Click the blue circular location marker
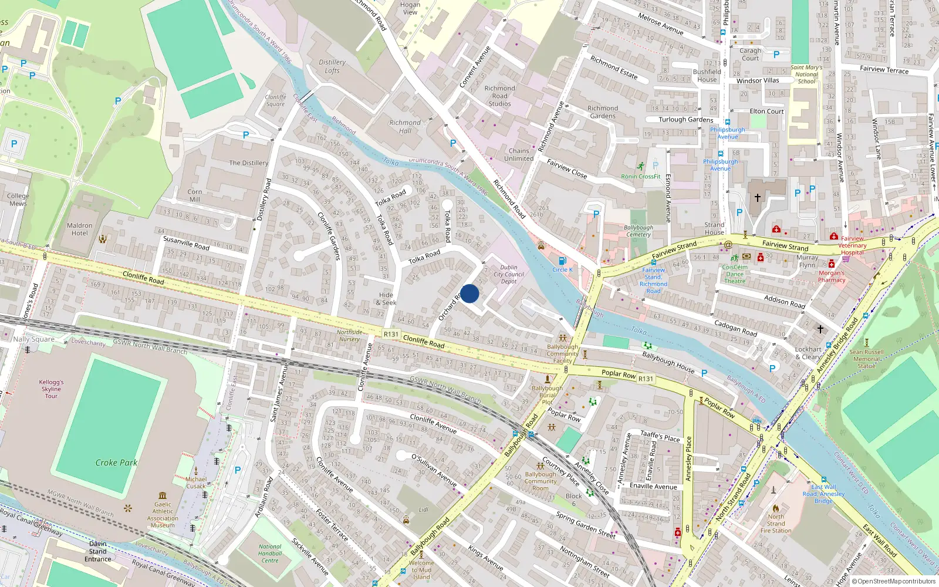point(469,293)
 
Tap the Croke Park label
point(116,463)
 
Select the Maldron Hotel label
point(80,230)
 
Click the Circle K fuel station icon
point(562,261)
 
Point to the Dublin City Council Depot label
point(509,274)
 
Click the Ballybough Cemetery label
point(638,231)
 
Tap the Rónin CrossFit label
point(641,176)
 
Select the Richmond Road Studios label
point(500,96)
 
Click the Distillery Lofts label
point(332,66)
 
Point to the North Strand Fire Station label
point(776,524)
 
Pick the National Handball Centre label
point(270,554)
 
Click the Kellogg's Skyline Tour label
point(51,389)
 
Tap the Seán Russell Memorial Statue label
point(866,359)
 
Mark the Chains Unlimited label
point(519,154)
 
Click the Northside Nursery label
point(349,336)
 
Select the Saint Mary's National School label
point(806,75)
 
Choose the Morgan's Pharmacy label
point(832,276)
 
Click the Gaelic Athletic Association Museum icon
point(163,495)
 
